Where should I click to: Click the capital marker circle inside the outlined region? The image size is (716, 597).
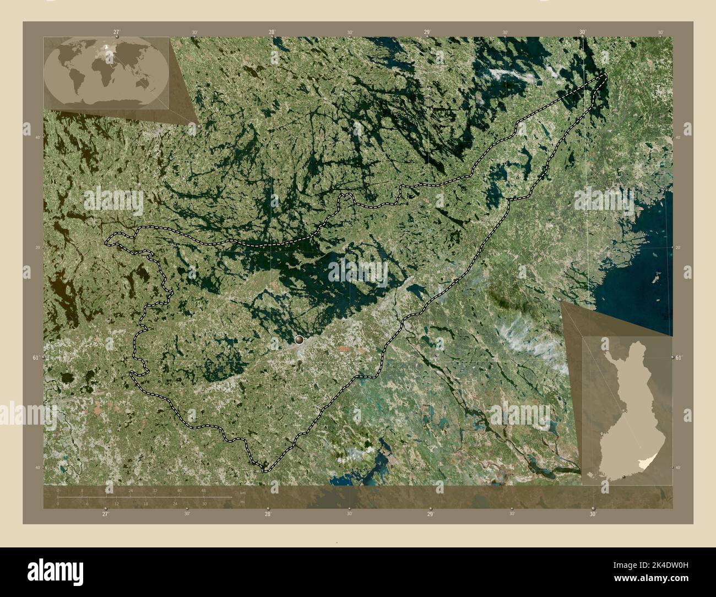299,340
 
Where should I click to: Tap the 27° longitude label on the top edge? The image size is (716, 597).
116,32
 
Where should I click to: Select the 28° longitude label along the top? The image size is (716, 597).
272,32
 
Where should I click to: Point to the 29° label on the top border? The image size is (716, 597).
427,32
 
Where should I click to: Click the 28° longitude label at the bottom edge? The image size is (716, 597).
268,514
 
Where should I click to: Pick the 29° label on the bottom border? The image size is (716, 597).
430,514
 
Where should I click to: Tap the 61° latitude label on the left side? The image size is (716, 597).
36,358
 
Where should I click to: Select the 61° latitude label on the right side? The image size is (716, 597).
679,358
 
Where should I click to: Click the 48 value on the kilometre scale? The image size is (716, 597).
203,490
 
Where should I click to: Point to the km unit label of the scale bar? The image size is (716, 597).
243,492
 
